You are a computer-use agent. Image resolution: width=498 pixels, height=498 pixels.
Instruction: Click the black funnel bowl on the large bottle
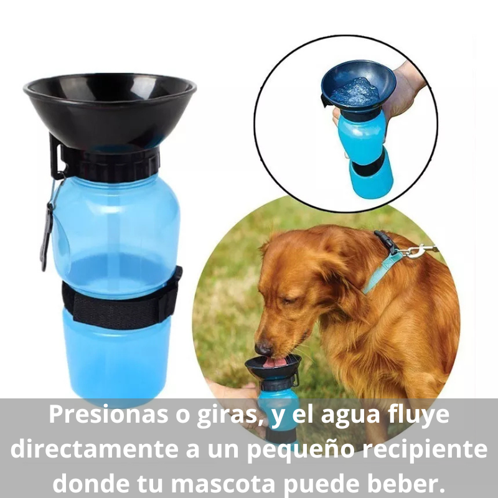pos(110,112)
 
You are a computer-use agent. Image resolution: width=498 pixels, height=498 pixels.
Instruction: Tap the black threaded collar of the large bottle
pos(112,163)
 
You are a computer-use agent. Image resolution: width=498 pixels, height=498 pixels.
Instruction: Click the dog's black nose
pos(263,347)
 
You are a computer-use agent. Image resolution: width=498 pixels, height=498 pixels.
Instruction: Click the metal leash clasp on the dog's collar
pos(414,251)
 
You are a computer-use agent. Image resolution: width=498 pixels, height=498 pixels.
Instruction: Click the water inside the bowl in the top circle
pos(355,92)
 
